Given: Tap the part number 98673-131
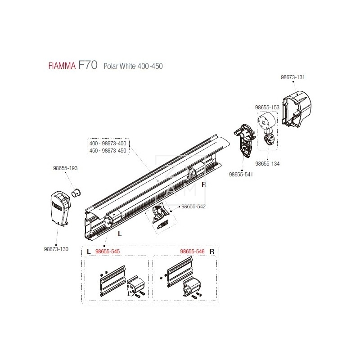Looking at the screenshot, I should coord(292,77).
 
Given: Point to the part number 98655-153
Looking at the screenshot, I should coord(267,108).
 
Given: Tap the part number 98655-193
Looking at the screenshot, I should coord(65,168).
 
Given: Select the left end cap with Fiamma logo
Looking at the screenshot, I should coord(59,208).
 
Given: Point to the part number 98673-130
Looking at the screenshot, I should coord(56,249).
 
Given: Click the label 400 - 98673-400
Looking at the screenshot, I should coord(108,143).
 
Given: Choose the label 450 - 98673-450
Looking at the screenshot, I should coord(108,150).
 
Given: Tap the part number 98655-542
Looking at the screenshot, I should coord(193,207).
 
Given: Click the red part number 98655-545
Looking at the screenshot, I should coord(107,252).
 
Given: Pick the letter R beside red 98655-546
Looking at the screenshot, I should coord(211,252).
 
